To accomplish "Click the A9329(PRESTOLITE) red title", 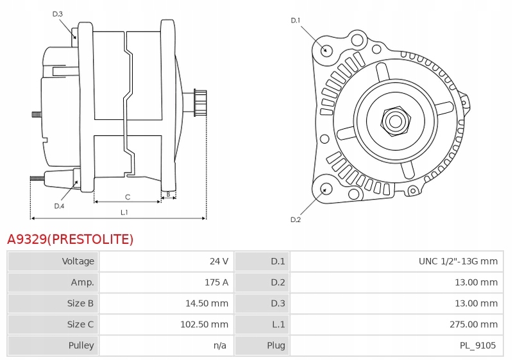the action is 71,239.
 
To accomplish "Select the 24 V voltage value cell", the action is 219,261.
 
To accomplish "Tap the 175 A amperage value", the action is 216,282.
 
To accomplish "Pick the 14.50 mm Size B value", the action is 206,304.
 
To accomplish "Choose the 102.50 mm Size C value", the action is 204,324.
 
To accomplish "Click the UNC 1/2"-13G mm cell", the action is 458,261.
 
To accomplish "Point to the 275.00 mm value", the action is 473,324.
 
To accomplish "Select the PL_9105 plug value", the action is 478,346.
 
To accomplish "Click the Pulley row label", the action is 81,346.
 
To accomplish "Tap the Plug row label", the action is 276,346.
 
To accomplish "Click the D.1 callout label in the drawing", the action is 296,21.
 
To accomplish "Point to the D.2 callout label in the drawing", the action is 296,219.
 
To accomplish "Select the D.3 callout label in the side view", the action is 58,14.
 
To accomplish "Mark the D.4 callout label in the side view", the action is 59,206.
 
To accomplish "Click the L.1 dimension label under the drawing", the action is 124,213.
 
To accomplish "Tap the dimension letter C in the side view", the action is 128,197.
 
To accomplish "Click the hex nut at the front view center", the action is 395,121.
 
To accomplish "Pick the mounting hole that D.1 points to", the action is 326,51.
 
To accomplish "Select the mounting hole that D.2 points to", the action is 326,189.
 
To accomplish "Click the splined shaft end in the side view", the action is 200,102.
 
